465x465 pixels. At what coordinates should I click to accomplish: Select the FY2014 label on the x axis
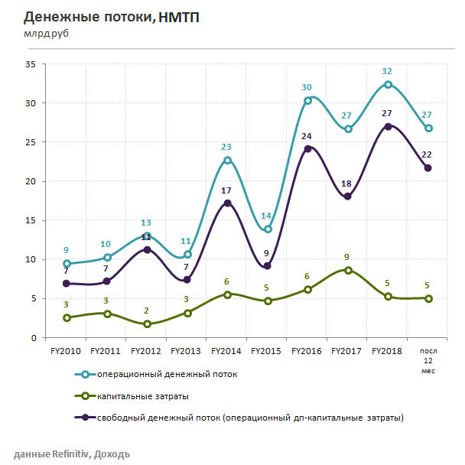point(227,351)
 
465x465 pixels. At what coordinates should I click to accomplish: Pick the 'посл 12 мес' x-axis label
point(428,359)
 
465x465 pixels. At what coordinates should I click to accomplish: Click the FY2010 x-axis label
point(67,351)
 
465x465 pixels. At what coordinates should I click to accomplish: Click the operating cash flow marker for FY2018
point(388,84)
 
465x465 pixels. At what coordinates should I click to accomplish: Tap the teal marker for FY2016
point(307,100)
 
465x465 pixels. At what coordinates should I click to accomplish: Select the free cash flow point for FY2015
point(268,266)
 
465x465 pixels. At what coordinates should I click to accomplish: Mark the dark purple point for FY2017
point(348,196)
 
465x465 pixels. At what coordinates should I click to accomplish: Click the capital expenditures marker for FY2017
point(348,270)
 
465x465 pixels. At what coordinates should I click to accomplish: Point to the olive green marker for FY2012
point(148,324)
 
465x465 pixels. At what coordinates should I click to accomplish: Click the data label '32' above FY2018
point(387,71)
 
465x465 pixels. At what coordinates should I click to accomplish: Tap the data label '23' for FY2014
point(226,147)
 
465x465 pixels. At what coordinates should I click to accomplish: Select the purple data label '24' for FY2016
point(307,136)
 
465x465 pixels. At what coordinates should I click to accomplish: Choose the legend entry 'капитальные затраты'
point(143,396)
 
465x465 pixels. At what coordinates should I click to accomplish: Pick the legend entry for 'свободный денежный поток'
point(249,418)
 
